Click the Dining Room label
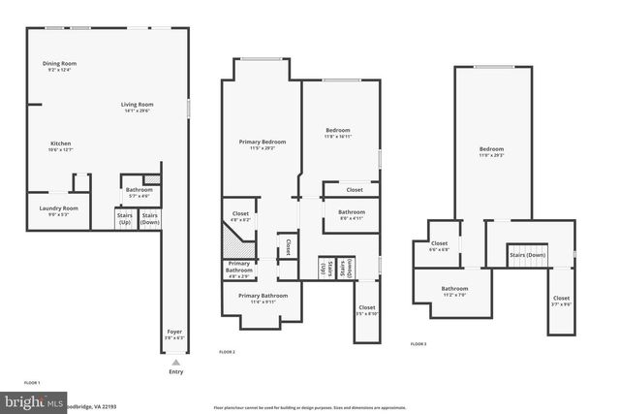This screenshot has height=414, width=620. [60, 64]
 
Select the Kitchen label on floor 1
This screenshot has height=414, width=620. [60, 143]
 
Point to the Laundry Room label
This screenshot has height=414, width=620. [58, 207]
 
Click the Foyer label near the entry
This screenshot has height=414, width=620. [174, 332]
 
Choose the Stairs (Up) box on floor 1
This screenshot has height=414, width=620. [125, 219]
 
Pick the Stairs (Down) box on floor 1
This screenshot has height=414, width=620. [149, 219]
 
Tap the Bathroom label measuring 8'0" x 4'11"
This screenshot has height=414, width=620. [352, 212]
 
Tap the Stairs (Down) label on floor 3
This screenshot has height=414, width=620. [529, 255]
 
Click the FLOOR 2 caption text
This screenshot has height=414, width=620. [227, 350]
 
